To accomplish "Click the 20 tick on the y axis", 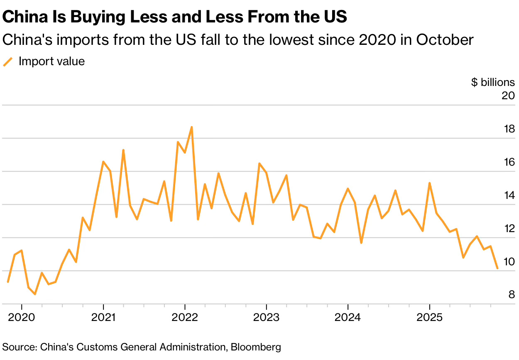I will (508, 96).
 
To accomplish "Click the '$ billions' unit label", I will (493, 82).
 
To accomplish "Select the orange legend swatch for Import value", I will (8, 62).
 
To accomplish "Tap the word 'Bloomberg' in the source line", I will (256, 347).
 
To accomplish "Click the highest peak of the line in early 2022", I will (191, 127).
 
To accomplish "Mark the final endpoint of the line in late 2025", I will (497, 268).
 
